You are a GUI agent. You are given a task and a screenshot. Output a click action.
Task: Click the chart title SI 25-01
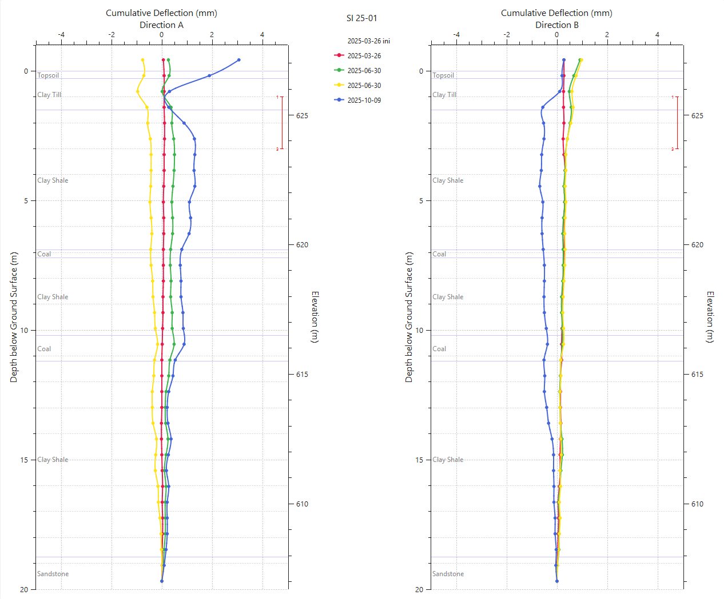click(x=361, y=18)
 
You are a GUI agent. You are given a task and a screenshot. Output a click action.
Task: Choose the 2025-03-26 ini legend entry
click(x=368, y=41)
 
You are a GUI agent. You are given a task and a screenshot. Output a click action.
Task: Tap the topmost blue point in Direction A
click(x=238, y=60)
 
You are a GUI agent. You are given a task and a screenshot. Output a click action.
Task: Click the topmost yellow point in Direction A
click(x=142, y=60)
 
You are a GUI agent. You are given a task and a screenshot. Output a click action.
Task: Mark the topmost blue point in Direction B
click(x=564, y=60)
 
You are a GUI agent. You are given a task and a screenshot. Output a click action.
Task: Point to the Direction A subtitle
click(x=161, y=25)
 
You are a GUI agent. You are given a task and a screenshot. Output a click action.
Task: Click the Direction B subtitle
click(x=556, y=25)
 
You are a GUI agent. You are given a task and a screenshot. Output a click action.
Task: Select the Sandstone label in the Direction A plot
click(x=53, y=574)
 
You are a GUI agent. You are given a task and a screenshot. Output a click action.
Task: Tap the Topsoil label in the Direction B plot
click(x=443, y=75)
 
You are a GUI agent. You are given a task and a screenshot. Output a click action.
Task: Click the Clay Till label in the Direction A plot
click(x=49, y=95)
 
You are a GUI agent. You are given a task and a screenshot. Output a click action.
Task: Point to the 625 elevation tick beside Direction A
click(x=302, y=115)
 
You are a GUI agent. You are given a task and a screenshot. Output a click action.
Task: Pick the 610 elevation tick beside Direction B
click(x=697, y=504)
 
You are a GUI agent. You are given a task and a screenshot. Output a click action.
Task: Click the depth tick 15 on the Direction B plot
click(x=419, y=460)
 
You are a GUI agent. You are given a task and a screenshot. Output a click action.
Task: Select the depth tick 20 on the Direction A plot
click(x=24, y=589)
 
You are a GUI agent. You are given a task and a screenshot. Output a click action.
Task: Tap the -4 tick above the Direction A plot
click(x=61, y=35)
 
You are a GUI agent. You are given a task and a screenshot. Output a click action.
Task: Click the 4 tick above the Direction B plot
click(x=657, y=35)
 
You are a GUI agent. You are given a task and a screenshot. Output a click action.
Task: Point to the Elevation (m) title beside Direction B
click(x=710, y=317)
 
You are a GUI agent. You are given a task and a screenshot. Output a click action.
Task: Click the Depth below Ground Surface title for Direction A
click(x=14, y=317)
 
